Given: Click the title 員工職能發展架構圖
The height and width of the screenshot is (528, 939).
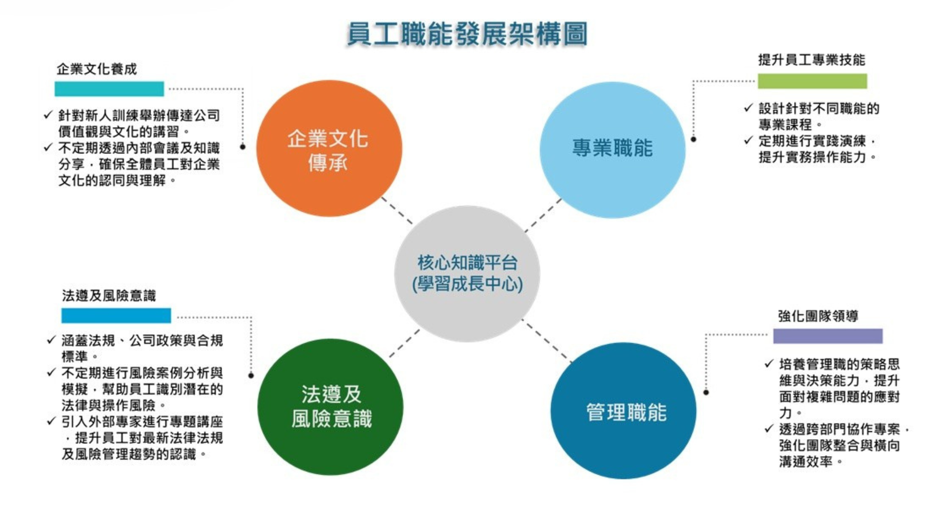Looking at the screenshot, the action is point(467,34).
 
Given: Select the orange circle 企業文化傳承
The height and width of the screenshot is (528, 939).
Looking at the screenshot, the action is point(329,148).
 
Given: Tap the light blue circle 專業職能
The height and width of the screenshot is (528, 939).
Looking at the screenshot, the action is point(612,150).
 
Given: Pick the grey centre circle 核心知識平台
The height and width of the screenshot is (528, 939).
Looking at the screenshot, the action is point(467,274).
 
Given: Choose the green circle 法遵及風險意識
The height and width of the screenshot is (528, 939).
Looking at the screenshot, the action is point(331,407).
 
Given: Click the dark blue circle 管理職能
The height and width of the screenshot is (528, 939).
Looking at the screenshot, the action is point(624,411).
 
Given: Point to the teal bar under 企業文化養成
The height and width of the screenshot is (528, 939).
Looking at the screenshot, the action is point(109,88).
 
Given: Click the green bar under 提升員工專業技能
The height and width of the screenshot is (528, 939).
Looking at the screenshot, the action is point(812,81).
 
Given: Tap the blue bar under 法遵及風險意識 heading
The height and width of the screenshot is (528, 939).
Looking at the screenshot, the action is point(116,315).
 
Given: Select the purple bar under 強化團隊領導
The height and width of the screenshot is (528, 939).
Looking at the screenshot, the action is point(828,336).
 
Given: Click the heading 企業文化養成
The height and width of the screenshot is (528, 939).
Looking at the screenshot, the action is point(97,69).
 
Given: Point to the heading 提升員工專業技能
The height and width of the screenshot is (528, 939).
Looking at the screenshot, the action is point(811,60).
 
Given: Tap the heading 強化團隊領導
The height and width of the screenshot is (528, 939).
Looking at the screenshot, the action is point(818,316).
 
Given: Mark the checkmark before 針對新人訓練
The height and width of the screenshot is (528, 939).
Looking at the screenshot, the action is point(48,115).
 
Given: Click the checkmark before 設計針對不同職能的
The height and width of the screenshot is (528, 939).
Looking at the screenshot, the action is point(748,108).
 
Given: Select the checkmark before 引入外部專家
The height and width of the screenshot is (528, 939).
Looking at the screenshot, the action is point(51,421).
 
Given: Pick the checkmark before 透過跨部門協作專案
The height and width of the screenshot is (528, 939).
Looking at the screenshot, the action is point(769,429).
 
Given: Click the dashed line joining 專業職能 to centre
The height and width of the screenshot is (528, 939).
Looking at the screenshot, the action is point(543,215).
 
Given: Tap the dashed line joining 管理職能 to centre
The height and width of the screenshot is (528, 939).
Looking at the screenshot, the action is point(546,340).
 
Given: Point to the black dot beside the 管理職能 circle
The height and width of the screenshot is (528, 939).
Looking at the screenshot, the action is point(706,392).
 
